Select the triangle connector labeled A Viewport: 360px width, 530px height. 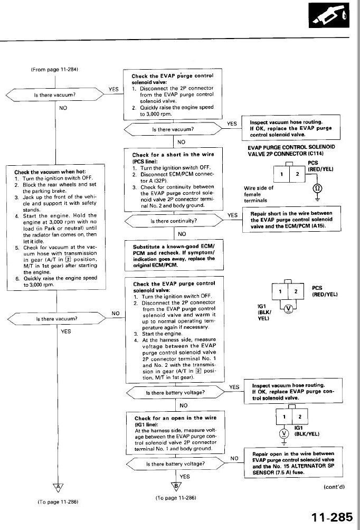pos(57,486)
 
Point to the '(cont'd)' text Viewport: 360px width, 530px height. pos(334,486)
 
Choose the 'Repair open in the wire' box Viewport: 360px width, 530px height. pos(292,463)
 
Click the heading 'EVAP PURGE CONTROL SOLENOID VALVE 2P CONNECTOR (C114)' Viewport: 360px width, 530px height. pos(291,149)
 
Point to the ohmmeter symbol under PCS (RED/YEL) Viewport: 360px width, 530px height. pos(318,188)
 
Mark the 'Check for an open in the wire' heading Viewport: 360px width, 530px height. pos(175,421)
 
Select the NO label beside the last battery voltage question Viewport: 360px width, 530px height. pos(235,458)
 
